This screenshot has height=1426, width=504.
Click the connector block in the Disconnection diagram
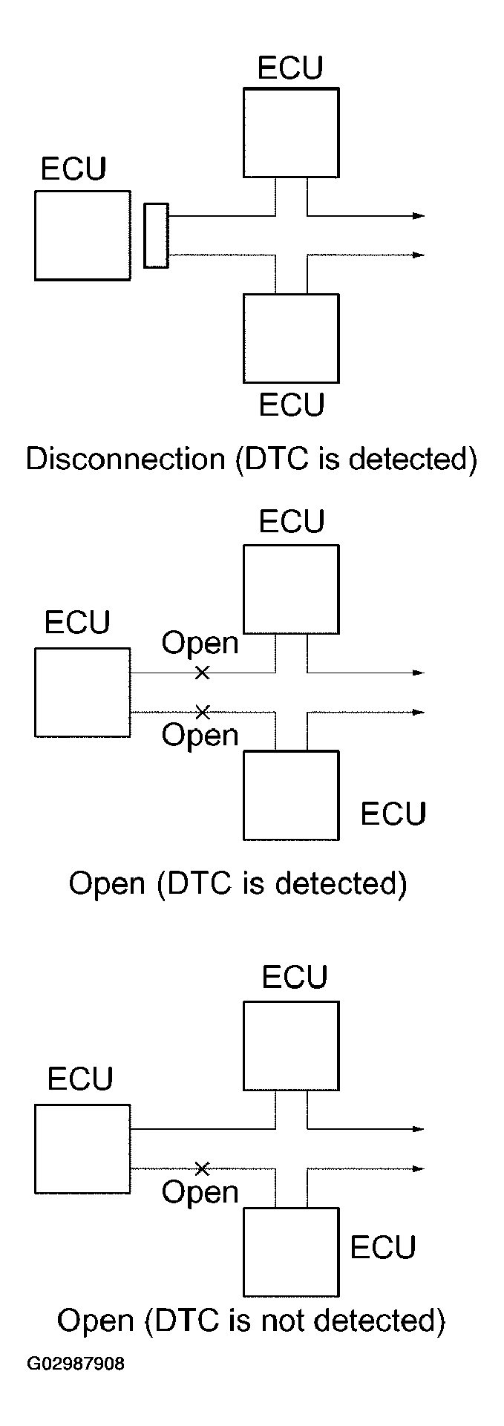pyautogui.click(x=156, y=235)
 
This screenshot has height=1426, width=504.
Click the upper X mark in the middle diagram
pyautogui.click(x=202, y=673)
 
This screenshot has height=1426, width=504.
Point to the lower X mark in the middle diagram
pyautogui.click(x=202, y=713)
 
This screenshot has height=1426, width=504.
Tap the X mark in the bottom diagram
pyautogui.click(x=202, y=1169)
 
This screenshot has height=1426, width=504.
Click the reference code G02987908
pyautogui.click(x=76, y=1364)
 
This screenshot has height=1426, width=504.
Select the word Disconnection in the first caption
pyautogui.click(x=125, y=459)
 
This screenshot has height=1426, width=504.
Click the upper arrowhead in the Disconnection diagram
pyautogui.click(x=419, y=216)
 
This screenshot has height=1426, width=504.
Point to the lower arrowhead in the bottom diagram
pyautogui.click(x=419, y=1169)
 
